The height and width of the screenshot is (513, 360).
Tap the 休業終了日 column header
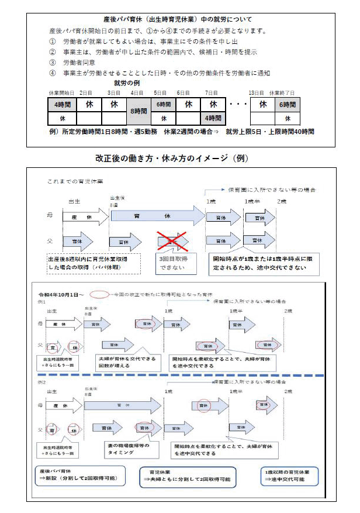coord(282,92)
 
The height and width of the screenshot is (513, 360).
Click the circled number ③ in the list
coord(53,62)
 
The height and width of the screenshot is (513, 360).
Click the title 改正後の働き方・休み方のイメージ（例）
coord(179,159)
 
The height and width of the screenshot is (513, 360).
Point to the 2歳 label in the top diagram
coord(283,202)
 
